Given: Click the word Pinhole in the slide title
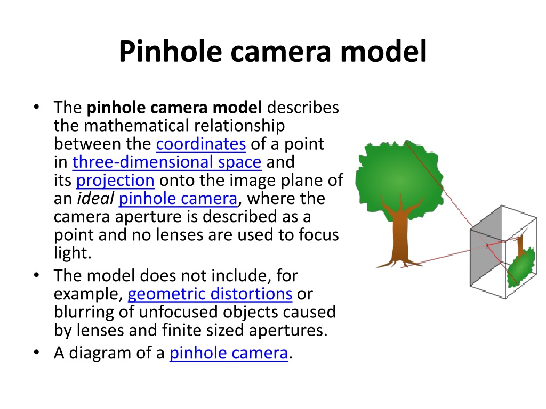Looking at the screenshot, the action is click(x=170, y=52).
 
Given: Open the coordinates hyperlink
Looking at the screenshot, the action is click(x=201, y=144).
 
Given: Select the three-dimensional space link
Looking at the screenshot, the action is click(x=167, y=162).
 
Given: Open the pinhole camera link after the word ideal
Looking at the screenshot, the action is click(x=178, y=199).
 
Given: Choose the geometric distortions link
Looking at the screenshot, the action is click(x=210, y=294).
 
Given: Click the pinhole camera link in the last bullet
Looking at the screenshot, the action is click(x=229, y=354).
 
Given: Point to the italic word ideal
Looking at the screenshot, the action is click(x=95, y=199).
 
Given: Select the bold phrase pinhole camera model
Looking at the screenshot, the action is click(x=174, y=108).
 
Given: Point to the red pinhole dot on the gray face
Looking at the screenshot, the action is click(x=487, y=246).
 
